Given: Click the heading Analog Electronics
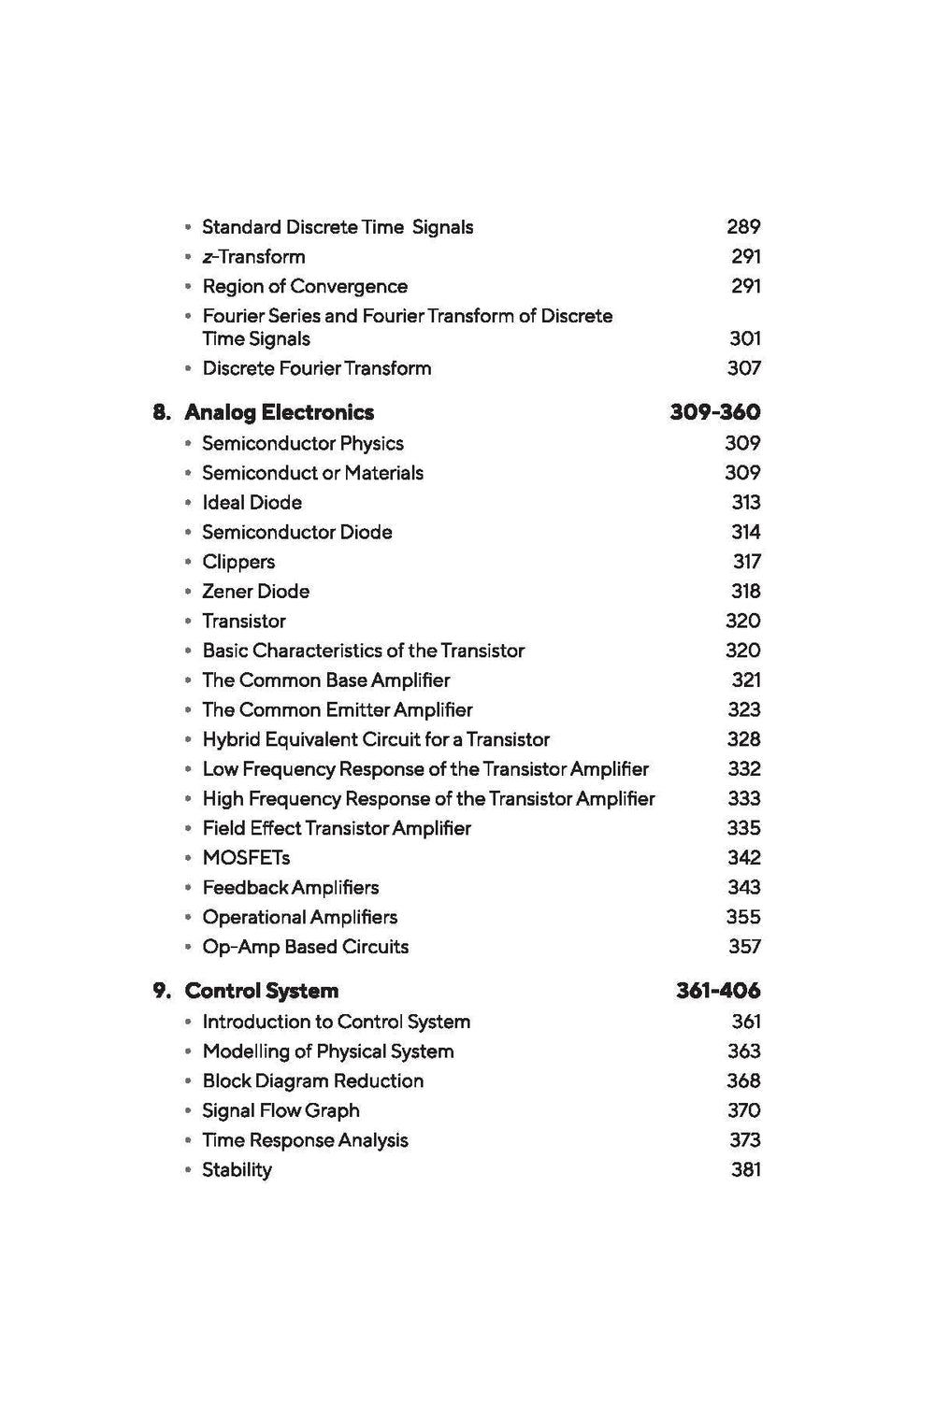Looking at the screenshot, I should coord(279,412).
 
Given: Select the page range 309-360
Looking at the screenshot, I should coord(714,412).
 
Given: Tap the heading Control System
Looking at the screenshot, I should coord(261,991).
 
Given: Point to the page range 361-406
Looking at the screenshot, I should coord(717,991).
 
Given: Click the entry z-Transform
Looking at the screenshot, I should coord(253,256).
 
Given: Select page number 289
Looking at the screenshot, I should coord(743,227).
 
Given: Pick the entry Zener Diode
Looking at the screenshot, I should coord(255,592).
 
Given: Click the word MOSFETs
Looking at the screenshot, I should coord(246,858).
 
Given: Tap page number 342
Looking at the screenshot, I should coord(743,858).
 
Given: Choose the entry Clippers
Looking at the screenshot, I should coord(238,562).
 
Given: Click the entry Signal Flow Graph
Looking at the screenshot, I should coord(280,1110).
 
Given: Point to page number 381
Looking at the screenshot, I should coord(745,1169).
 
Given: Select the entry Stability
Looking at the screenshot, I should coord(237,1170).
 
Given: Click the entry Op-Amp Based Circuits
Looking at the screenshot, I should coord(306,947).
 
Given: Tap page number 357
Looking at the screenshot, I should coord(744,947).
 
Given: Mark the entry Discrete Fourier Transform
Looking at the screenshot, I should coord(317,368).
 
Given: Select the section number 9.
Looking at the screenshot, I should coord(162,991).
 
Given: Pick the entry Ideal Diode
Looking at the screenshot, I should coord(252,503).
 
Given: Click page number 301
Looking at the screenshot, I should coord(744,338).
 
